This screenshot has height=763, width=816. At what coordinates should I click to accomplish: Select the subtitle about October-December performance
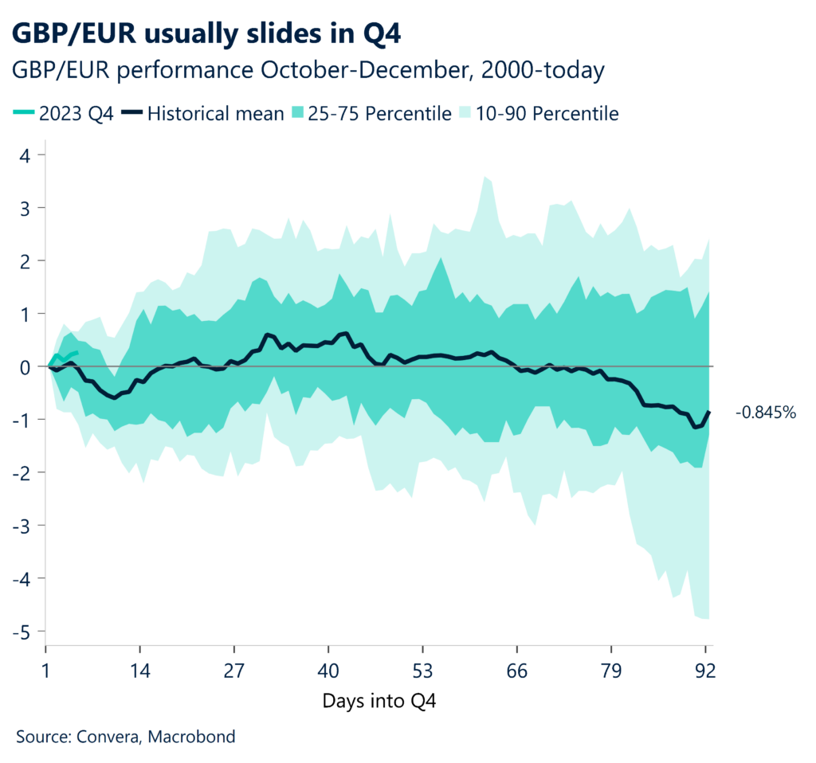308,71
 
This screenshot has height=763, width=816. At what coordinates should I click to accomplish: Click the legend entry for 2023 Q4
65,113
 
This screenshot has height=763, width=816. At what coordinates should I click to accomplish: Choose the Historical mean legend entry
206,113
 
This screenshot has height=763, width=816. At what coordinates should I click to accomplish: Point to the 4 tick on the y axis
27,155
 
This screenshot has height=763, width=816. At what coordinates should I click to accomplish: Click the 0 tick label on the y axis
27,367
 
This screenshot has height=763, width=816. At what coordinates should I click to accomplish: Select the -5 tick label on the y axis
23,632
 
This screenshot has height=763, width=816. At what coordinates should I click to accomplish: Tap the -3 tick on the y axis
23,526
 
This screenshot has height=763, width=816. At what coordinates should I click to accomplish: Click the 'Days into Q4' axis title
379,701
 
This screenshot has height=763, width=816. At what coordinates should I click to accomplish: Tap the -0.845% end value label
765,413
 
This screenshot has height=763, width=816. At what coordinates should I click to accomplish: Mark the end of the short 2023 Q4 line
76,352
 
